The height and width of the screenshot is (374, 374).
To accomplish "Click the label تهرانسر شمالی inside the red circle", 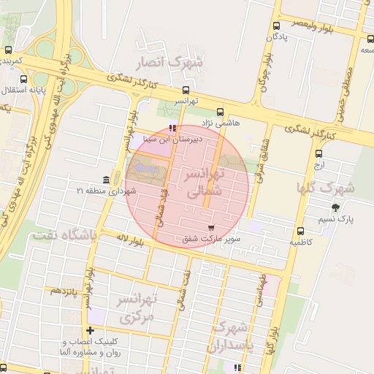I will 219,184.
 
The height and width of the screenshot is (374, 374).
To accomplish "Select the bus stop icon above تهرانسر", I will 186,91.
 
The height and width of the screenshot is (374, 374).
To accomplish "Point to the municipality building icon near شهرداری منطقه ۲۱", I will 107,180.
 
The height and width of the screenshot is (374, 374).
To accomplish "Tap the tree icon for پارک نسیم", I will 335,208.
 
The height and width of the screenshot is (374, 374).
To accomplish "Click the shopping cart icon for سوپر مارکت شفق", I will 212,227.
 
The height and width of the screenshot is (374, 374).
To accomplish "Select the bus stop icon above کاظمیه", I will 300,231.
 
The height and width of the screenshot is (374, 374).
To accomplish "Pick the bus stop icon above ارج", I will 318,153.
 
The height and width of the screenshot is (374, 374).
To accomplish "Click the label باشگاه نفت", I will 64,236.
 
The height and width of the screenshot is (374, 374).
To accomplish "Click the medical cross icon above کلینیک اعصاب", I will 91,330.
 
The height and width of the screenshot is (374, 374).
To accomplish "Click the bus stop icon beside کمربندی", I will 8,50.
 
